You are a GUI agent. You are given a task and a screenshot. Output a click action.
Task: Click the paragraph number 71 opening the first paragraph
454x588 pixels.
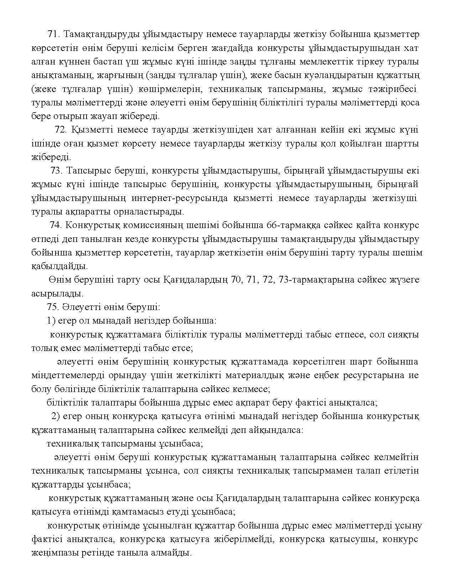(x=52, y=34)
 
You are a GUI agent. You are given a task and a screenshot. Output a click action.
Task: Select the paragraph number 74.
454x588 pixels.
(x=56, y=225)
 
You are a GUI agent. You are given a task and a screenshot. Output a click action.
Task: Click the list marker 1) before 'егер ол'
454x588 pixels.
(x=51, y=321)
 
